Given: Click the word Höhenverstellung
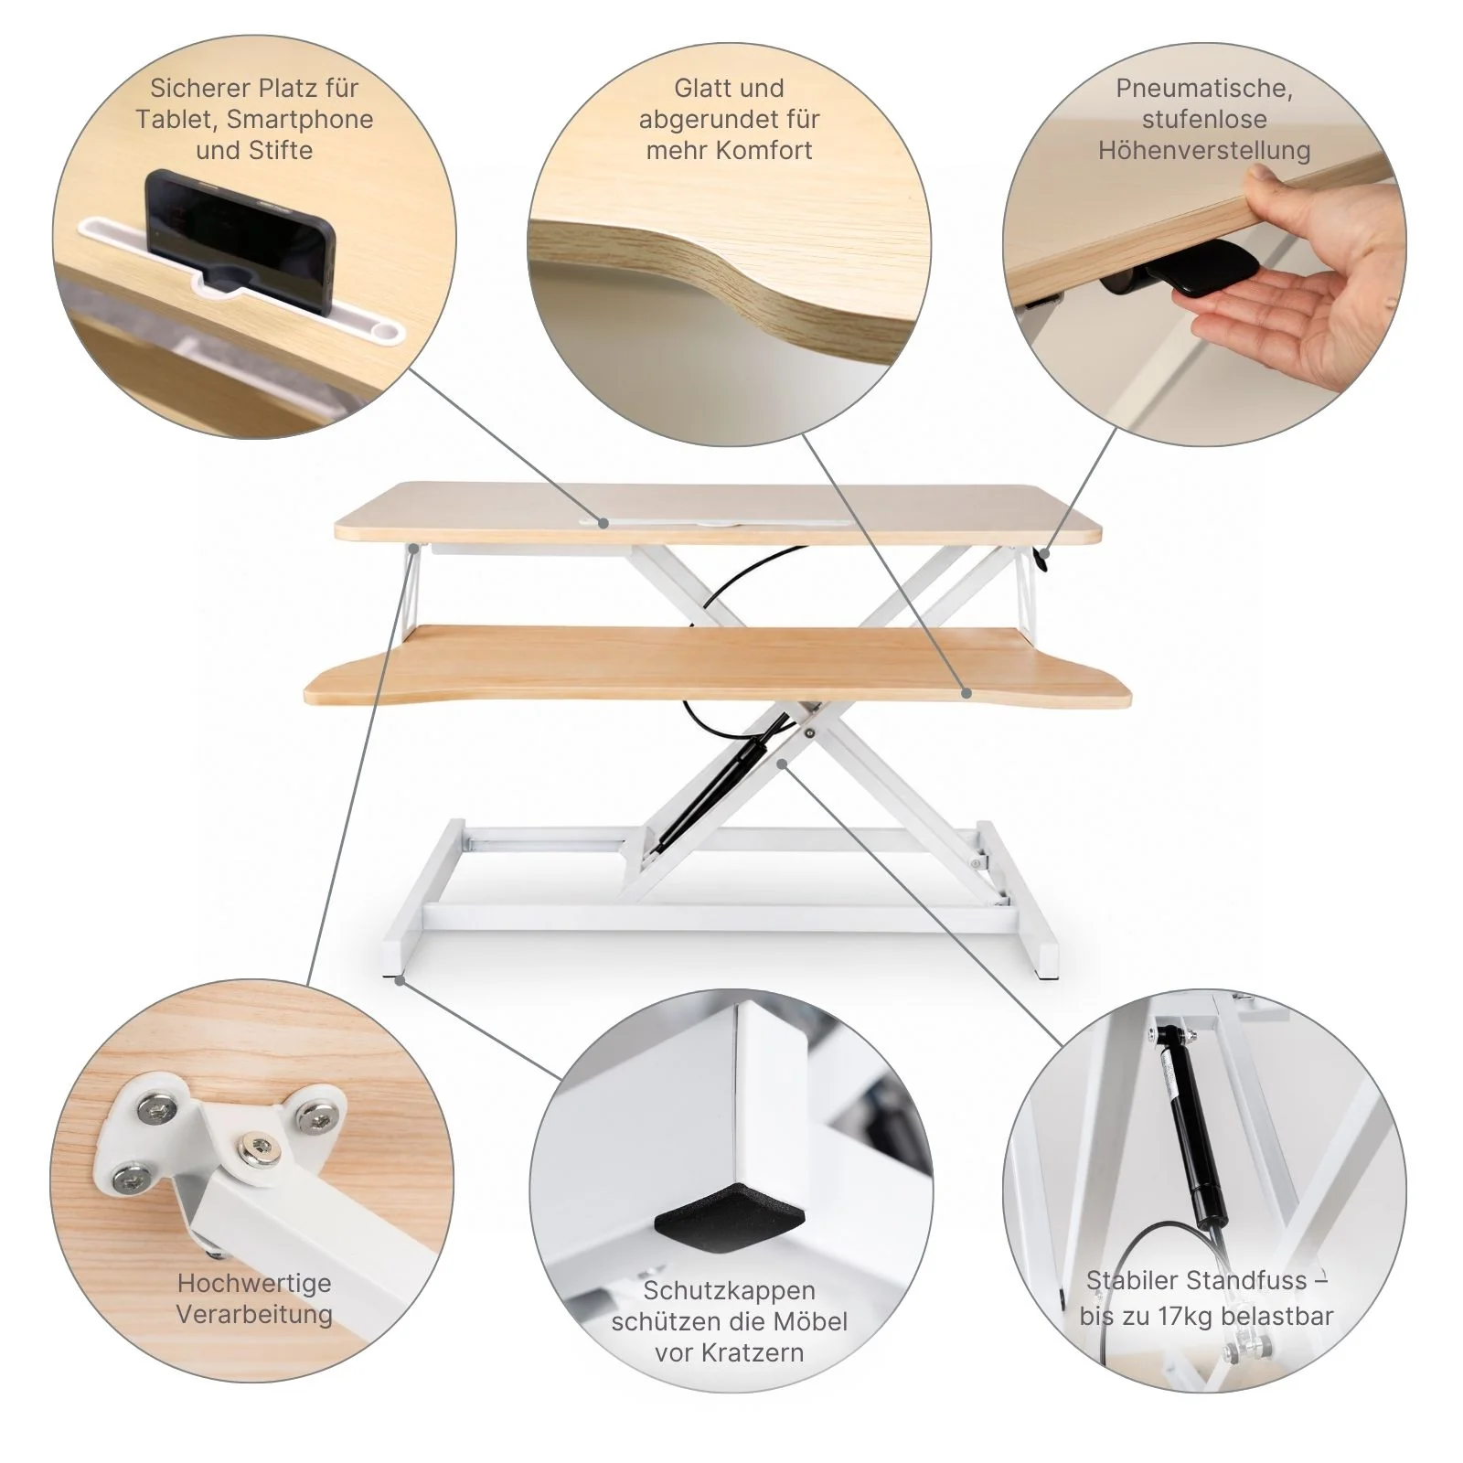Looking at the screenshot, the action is (x=1204, y=150).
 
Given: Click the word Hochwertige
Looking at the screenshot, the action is (x=254, y=1283).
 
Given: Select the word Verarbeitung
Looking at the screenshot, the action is (x=254, y=1315).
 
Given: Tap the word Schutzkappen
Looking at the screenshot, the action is (x=729, y=1291).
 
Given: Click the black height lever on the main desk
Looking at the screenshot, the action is (x=1041, y=558).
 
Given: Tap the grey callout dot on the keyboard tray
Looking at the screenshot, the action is (x=966, y=693).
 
